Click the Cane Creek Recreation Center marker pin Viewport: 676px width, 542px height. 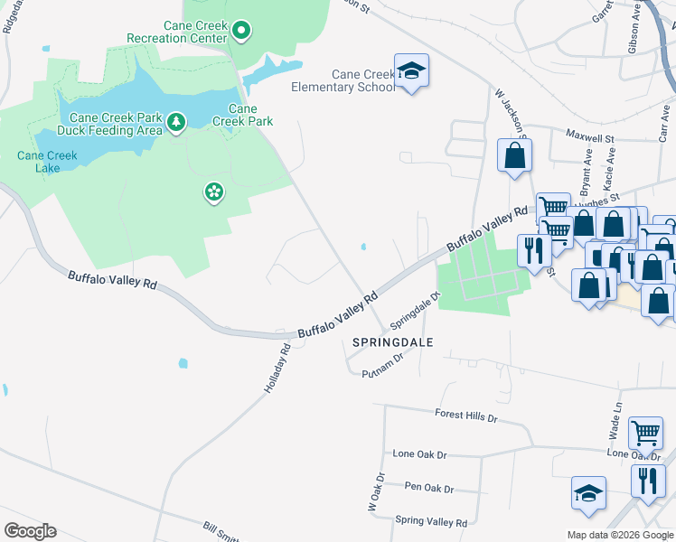point(240,33)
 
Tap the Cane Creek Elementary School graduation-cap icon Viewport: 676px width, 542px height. point(411,70)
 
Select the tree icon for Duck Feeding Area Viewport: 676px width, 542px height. point(177,121)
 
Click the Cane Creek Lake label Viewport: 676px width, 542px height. point(48,162)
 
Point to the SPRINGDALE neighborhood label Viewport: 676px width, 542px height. point(393,342)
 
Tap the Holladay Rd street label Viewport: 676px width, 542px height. point(277,368)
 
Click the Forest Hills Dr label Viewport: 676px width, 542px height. point(466,416)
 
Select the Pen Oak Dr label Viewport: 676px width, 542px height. point(428,488)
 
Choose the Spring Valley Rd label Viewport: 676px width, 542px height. point(431,522)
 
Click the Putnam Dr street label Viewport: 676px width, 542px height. point(380,370)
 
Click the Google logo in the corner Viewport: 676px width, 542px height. point(30,531)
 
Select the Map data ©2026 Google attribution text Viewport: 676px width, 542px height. point(619,535)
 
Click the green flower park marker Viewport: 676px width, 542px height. point(213,191)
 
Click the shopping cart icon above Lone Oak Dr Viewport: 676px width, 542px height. point(645,433)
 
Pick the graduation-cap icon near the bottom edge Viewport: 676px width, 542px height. point(588,493)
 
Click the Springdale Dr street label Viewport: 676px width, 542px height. point(415,310)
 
